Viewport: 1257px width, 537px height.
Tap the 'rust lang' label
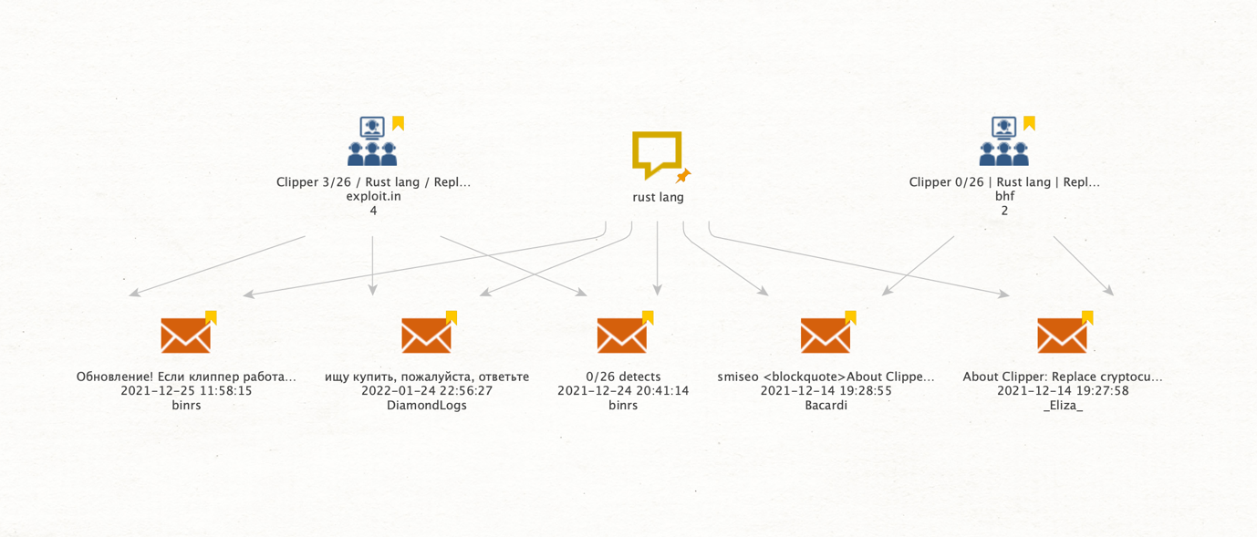click(x=658, y=198)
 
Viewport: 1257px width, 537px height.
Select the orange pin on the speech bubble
click(x=683, y=176)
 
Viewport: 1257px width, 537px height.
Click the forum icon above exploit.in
click(x=372, y=140)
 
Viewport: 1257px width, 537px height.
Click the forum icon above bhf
click(x=1004, y=140)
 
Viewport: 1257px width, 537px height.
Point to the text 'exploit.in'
click(x=373, y=196)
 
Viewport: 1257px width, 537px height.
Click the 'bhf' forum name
click(x=1004, y=196)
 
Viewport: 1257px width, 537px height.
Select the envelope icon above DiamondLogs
click(x=426, y=335)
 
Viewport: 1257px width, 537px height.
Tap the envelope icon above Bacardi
click(x=825, y=335)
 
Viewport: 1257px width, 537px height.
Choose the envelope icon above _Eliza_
click(x=1062, y=335)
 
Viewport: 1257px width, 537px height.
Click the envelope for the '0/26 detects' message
click(x=622, y=335)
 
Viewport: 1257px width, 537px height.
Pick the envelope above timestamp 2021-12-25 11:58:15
click(x=186, y=335)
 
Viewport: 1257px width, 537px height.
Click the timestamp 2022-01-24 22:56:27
click(x=427, y=390)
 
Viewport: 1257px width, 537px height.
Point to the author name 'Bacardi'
click(x=826, y=405)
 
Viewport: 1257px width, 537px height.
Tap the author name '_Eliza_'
click(x=1063, y=405)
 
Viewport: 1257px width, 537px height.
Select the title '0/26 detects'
click(x=623, y=377)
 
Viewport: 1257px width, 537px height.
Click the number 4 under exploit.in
click(x=373, y=211)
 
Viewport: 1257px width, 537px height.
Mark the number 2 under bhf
click(x=1004, y=211)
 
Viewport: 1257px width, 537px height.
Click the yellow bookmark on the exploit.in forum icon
click(x=398, y=123)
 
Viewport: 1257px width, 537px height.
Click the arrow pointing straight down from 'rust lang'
click(x=657, y=258)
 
